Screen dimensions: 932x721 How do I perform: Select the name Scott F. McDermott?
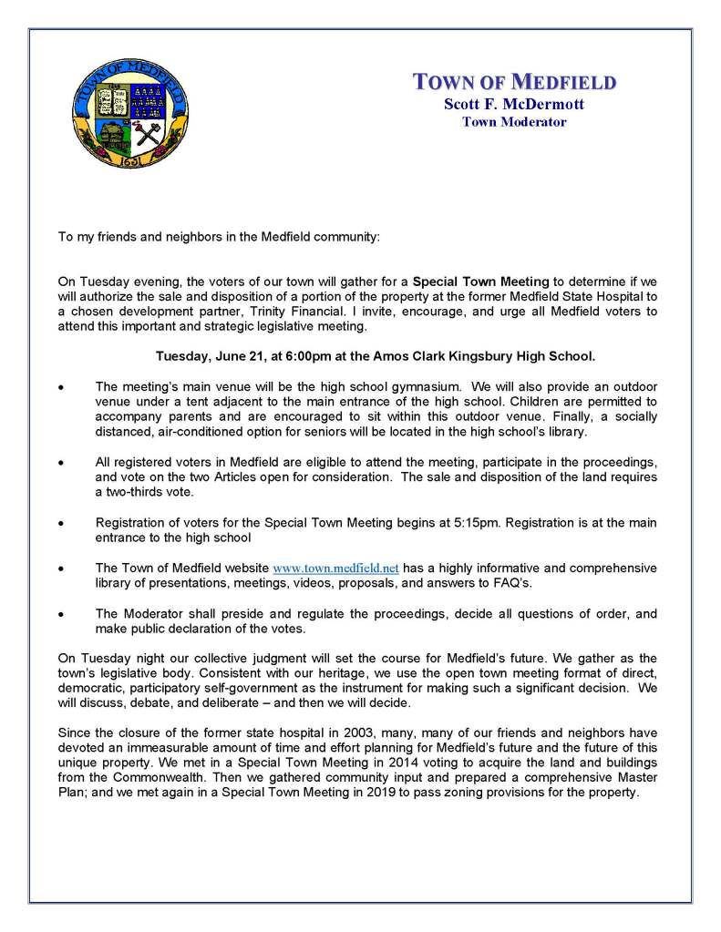pyautogui.click(x=514, y=104)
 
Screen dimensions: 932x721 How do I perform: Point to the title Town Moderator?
pyautogui.click(x=514, y=121)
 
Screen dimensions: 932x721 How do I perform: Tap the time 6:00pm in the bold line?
pyautogui.click(x=283, y=355)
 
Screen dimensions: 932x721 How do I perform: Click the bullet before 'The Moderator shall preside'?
pyautogui.click(x=61, y=615)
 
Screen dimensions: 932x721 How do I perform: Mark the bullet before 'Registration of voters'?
pyautogui.click(x=61, y=524)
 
